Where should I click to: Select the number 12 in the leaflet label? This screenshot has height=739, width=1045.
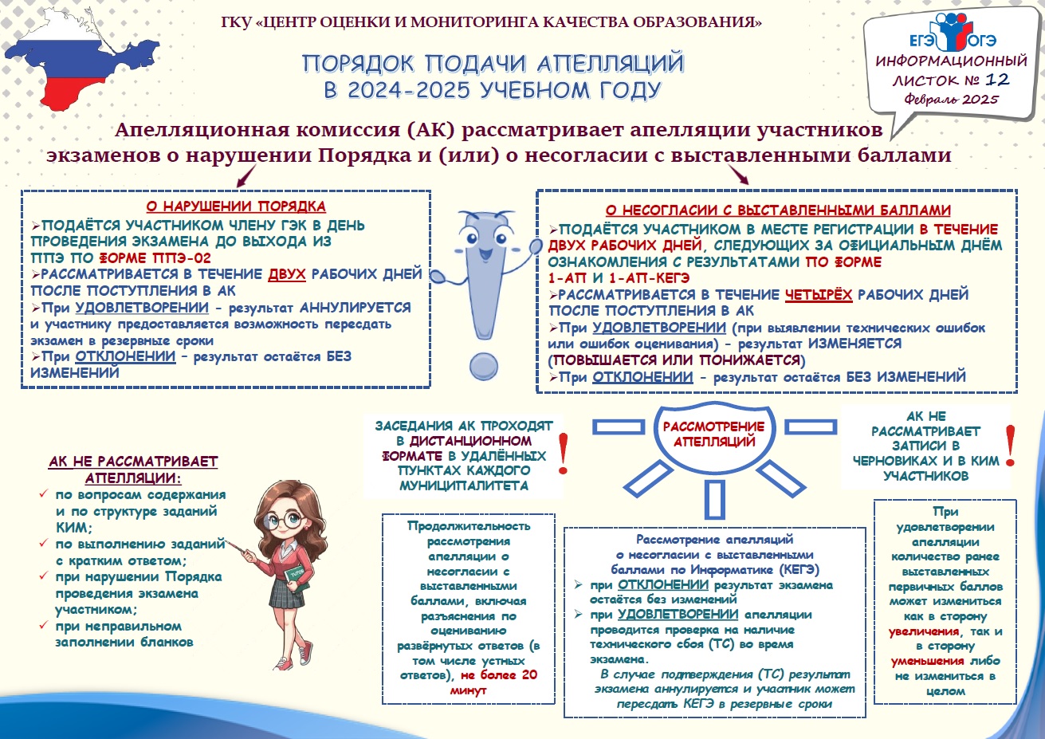point(996,79)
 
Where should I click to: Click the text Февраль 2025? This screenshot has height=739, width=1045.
point(951,100)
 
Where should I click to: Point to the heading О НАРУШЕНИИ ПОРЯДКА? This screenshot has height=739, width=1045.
point(235,207)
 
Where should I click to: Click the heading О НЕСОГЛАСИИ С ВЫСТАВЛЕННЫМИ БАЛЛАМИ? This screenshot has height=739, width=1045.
point(777,210)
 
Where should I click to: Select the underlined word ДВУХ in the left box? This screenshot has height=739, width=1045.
point(287,274)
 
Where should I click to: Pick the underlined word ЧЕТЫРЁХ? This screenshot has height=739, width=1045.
point(819,295)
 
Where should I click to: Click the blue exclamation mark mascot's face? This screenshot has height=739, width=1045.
point(482,239)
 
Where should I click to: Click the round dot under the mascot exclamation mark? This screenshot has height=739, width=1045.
point(483,366)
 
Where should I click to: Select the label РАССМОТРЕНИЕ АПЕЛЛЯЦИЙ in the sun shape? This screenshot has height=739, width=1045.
point(713,434)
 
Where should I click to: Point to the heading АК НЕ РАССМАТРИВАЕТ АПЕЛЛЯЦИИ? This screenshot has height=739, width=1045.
point(133,470)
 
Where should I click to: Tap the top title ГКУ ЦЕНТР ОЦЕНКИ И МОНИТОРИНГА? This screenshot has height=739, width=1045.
point(491,22)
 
